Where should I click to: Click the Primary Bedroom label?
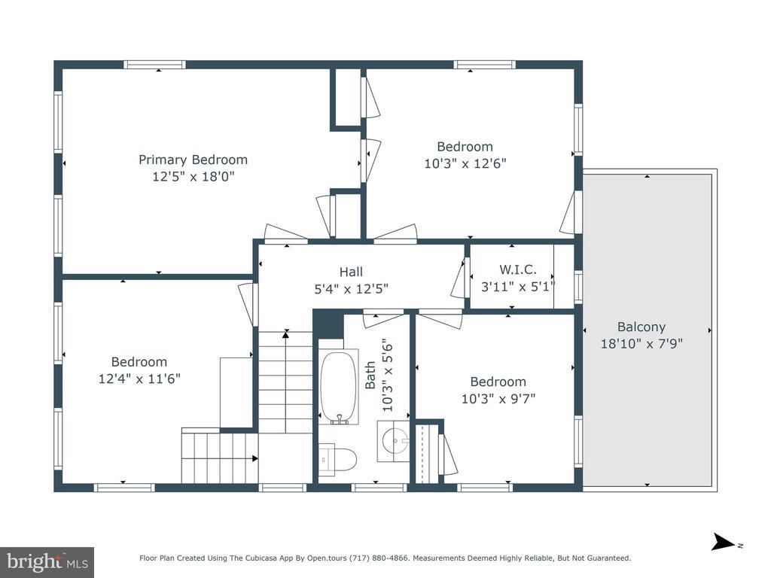193,160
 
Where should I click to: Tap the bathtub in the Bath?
338,388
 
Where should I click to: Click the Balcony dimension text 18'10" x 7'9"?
641,343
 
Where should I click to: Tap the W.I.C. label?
518,269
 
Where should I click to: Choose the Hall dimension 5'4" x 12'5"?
351,288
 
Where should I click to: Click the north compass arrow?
724,542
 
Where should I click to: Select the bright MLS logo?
47,561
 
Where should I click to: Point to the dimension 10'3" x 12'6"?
465,163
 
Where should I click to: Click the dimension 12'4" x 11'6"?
139,379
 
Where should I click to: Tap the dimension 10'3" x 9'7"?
498,398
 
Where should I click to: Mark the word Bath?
370,375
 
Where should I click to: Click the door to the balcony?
571,212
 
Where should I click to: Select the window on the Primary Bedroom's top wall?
154,65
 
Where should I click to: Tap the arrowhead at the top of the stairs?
285,334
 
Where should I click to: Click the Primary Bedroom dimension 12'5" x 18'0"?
194,176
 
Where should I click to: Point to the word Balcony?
641,327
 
